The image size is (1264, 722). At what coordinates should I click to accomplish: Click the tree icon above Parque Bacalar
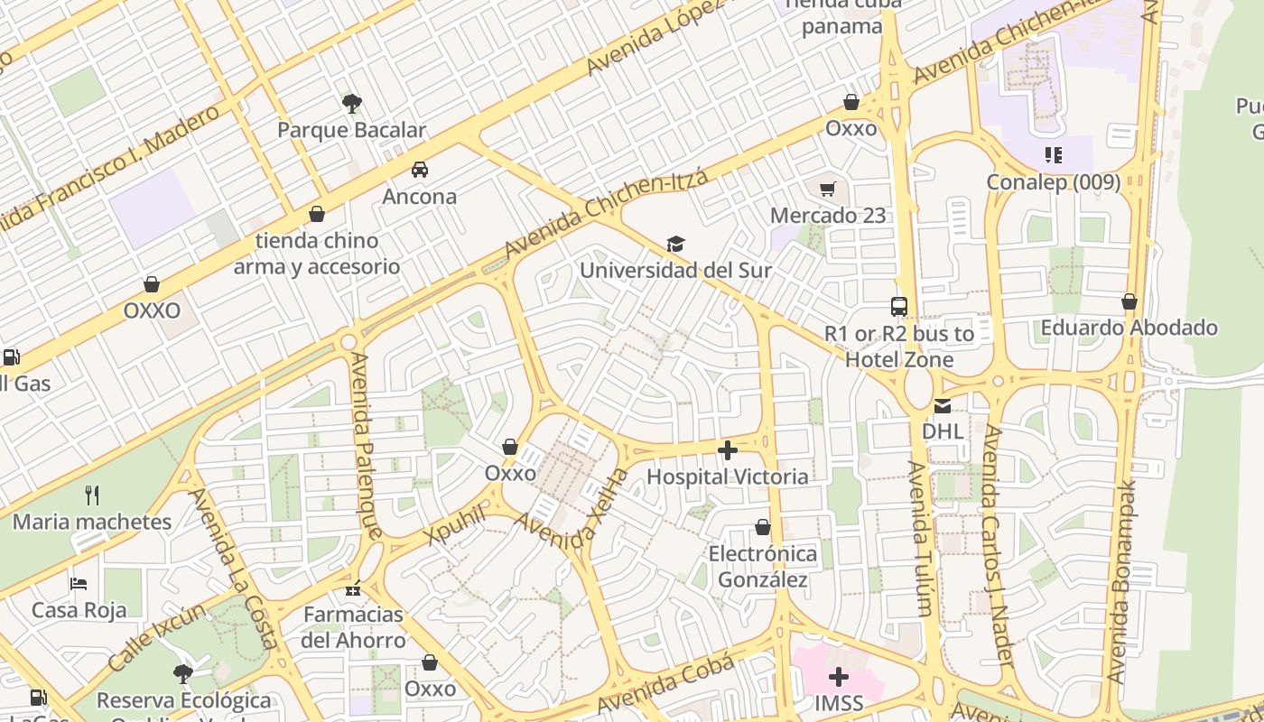coord(352,103)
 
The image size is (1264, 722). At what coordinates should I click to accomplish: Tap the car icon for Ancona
coord(420,170)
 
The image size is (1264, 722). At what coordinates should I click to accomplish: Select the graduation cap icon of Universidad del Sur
coord(675,244)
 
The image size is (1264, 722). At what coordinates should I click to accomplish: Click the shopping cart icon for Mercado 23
coord(828,189)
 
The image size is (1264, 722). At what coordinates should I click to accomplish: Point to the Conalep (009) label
coord(1053,181)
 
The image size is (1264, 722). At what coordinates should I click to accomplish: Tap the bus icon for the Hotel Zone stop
coord(899,307)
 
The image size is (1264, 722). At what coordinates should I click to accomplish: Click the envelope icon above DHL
coord(943,406)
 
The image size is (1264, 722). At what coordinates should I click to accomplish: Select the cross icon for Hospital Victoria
coord(728,449)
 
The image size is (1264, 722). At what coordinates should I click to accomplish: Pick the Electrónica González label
coord(763,566)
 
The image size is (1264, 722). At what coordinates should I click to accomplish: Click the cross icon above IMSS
coord(839,676)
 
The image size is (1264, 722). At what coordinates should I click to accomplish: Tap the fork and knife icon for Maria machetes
coord(91,495)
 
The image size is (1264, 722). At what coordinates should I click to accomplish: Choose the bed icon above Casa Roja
coord(79,584)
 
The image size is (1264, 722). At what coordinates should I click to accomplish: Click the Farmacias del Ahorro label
coord(353,627)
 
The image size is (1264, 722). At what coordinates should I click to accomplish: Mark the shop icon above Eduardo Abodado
coord(1129,301)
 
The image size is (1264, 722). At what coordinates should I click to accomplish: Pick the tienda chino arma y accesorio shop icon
coord(316,214)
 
